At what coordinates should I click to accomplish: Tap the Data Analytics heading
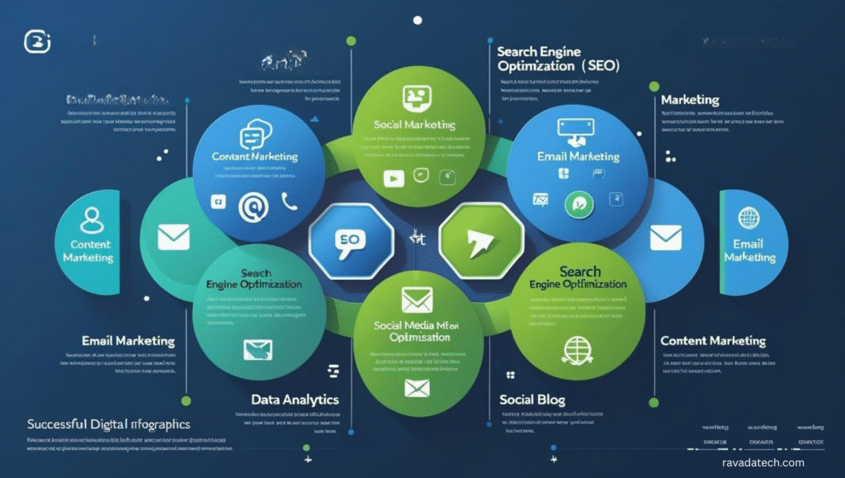click(x=295, y=400)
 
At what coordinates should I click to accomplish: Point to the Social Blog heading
click(x=532, y=400)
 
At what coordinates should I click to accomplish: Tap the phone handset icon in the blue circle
click(x=289, y=201)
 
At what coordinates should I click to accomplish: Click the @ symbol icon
click(x=253, y=206)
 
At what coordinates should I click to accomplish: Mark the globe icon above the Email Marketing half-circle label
click(x=749, y=219)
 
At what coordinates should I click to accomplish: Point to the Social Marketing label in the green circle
click(x=415, y=125)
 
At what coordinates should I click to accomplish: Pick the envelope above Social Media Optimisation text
click(x=417, y=300)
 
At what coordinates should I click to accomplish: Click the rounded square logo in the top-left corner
click(x=37, y=41)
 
